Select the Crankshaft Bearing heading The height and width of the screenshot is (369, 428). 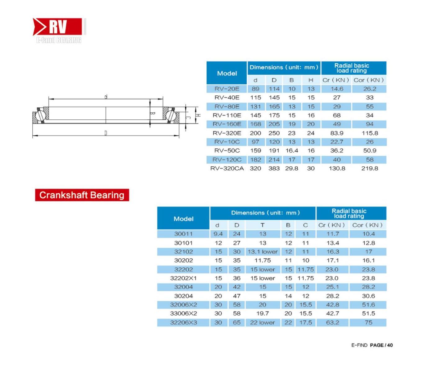[x=82, y=195]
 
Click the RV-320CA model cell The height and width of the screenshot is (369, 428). [x=227, y=168]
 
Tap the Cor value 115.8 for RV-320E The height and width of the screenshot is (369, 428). [x=370, y=133]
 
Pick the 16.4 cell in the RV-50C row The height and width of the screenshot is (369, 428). [x=291, y=150]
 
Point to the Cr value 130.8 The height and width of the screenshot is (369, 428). [x=337, y=168]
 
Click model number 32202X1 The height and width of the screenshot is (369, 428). [x=183, y=278]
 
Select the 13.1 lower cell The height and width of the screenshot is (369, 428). [x=263, y=251]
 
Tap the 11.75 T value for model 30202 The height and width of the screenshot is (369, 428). [x=263, y=260]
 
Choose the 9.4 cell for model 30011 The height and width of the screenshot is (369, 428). [x=218, y=234]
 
